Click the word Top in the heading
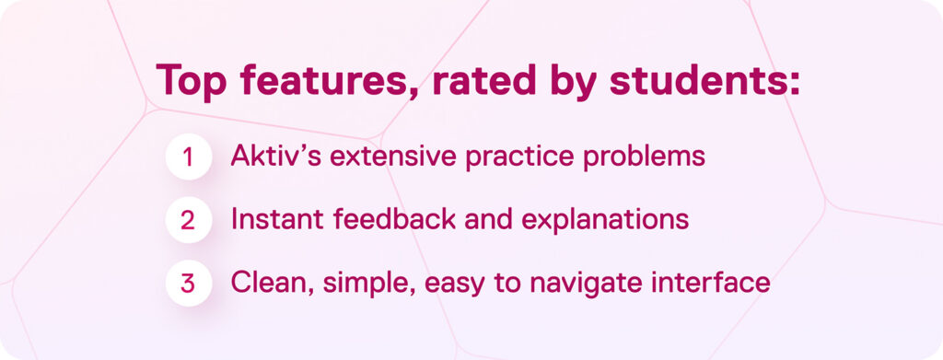click(192, 81)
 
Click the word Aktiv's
click(275, 157)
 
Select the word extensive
click(390, 157)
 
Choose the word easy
click(445, 282)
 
